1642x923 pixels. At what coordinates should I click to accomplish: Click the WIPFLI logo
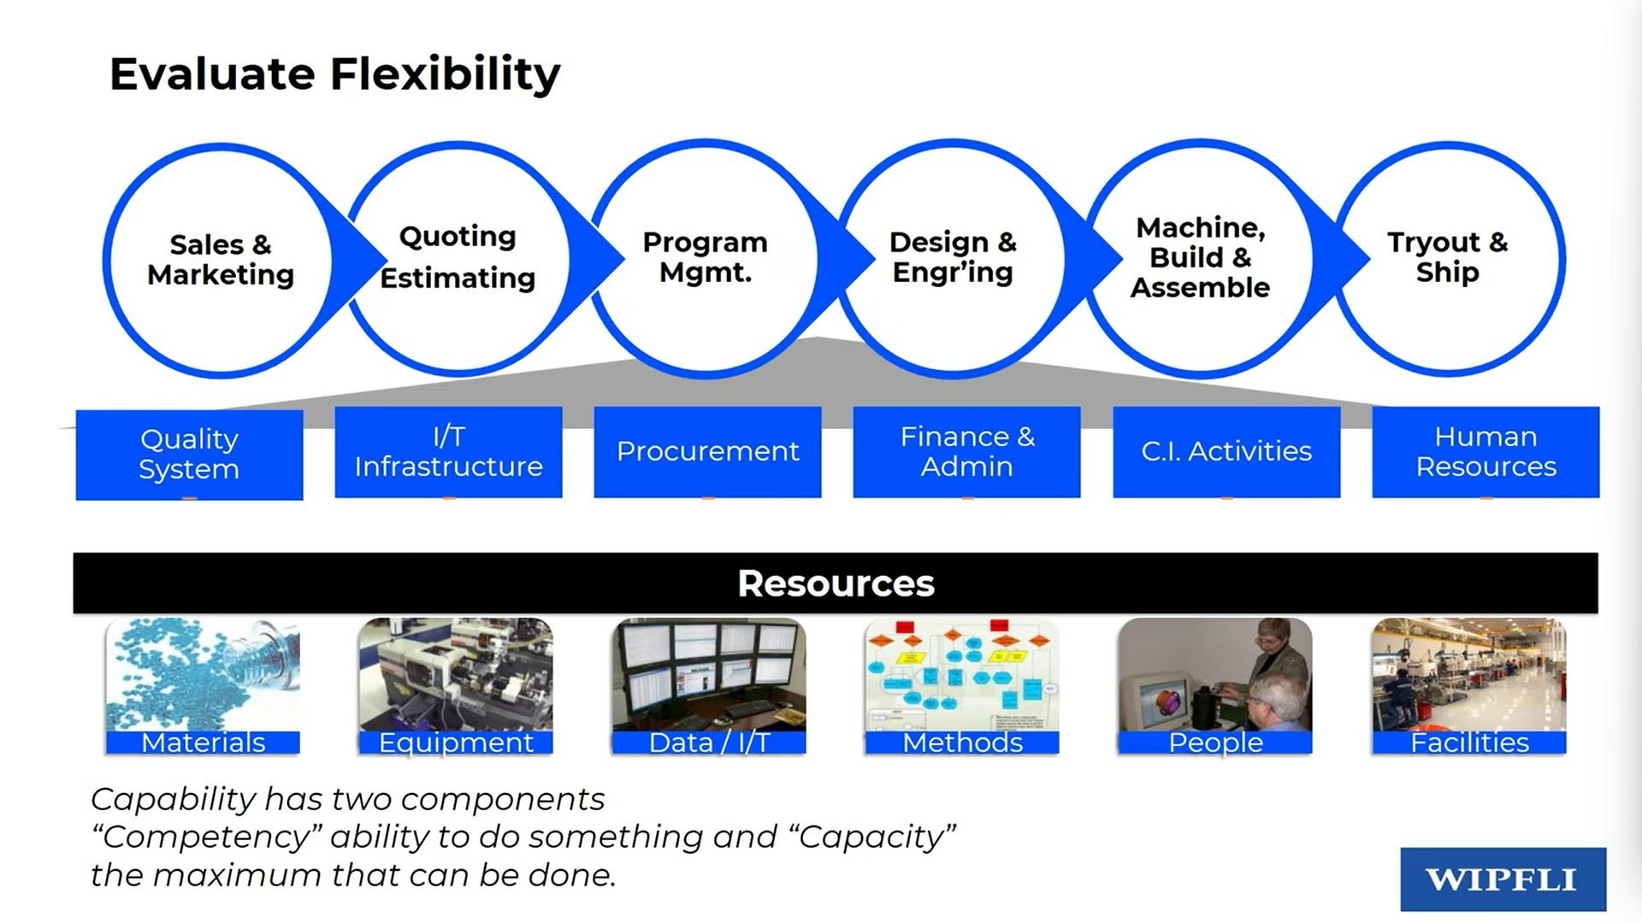(x=1503, y=879)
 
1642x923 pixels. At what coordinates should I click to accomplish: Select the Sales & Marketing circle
(x=221, y=260)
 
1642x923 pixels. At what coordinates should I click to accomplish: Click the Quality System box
(x=189, y=454)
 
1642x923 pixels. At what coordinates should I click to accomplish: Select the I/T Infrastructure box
(x=448, y=451)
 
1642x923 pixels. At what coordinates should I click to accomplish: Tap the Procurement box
(x=707, y=451)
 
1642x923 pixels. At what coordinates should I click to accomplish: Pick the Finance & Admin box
(x=966, y=451)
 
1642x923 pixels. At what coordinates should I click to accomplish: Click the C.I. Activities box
(x=1226, y=451)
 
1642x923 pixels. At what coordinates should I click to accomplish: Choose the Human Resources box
(x=1485, y=451)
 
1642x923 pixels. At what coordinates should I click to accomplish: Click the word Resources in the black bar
(x=836, y=584)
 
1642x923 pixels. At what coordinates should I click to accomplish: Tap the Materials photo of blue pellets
(x=203, y=675)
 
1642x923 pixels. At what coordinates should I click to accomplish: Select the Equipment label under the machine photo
(x=456, y=743)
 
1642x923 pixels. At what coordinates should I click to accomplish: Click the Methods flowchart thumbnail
(x=962, y=675)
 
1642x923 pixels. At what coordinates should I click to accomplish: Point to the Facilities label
(x=1469, y=743)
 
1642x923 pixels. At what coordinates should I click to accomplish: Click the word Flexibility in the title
(x=446, y=74)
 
